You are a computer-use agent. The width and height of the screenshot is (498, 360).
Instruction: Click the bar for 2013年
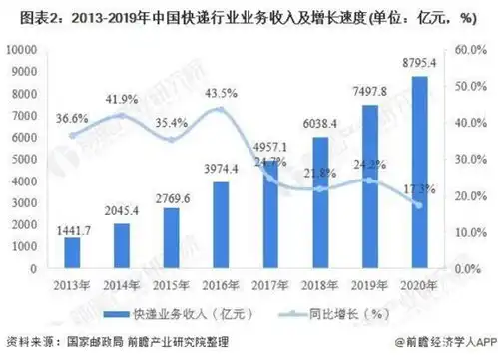point(72,253)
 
